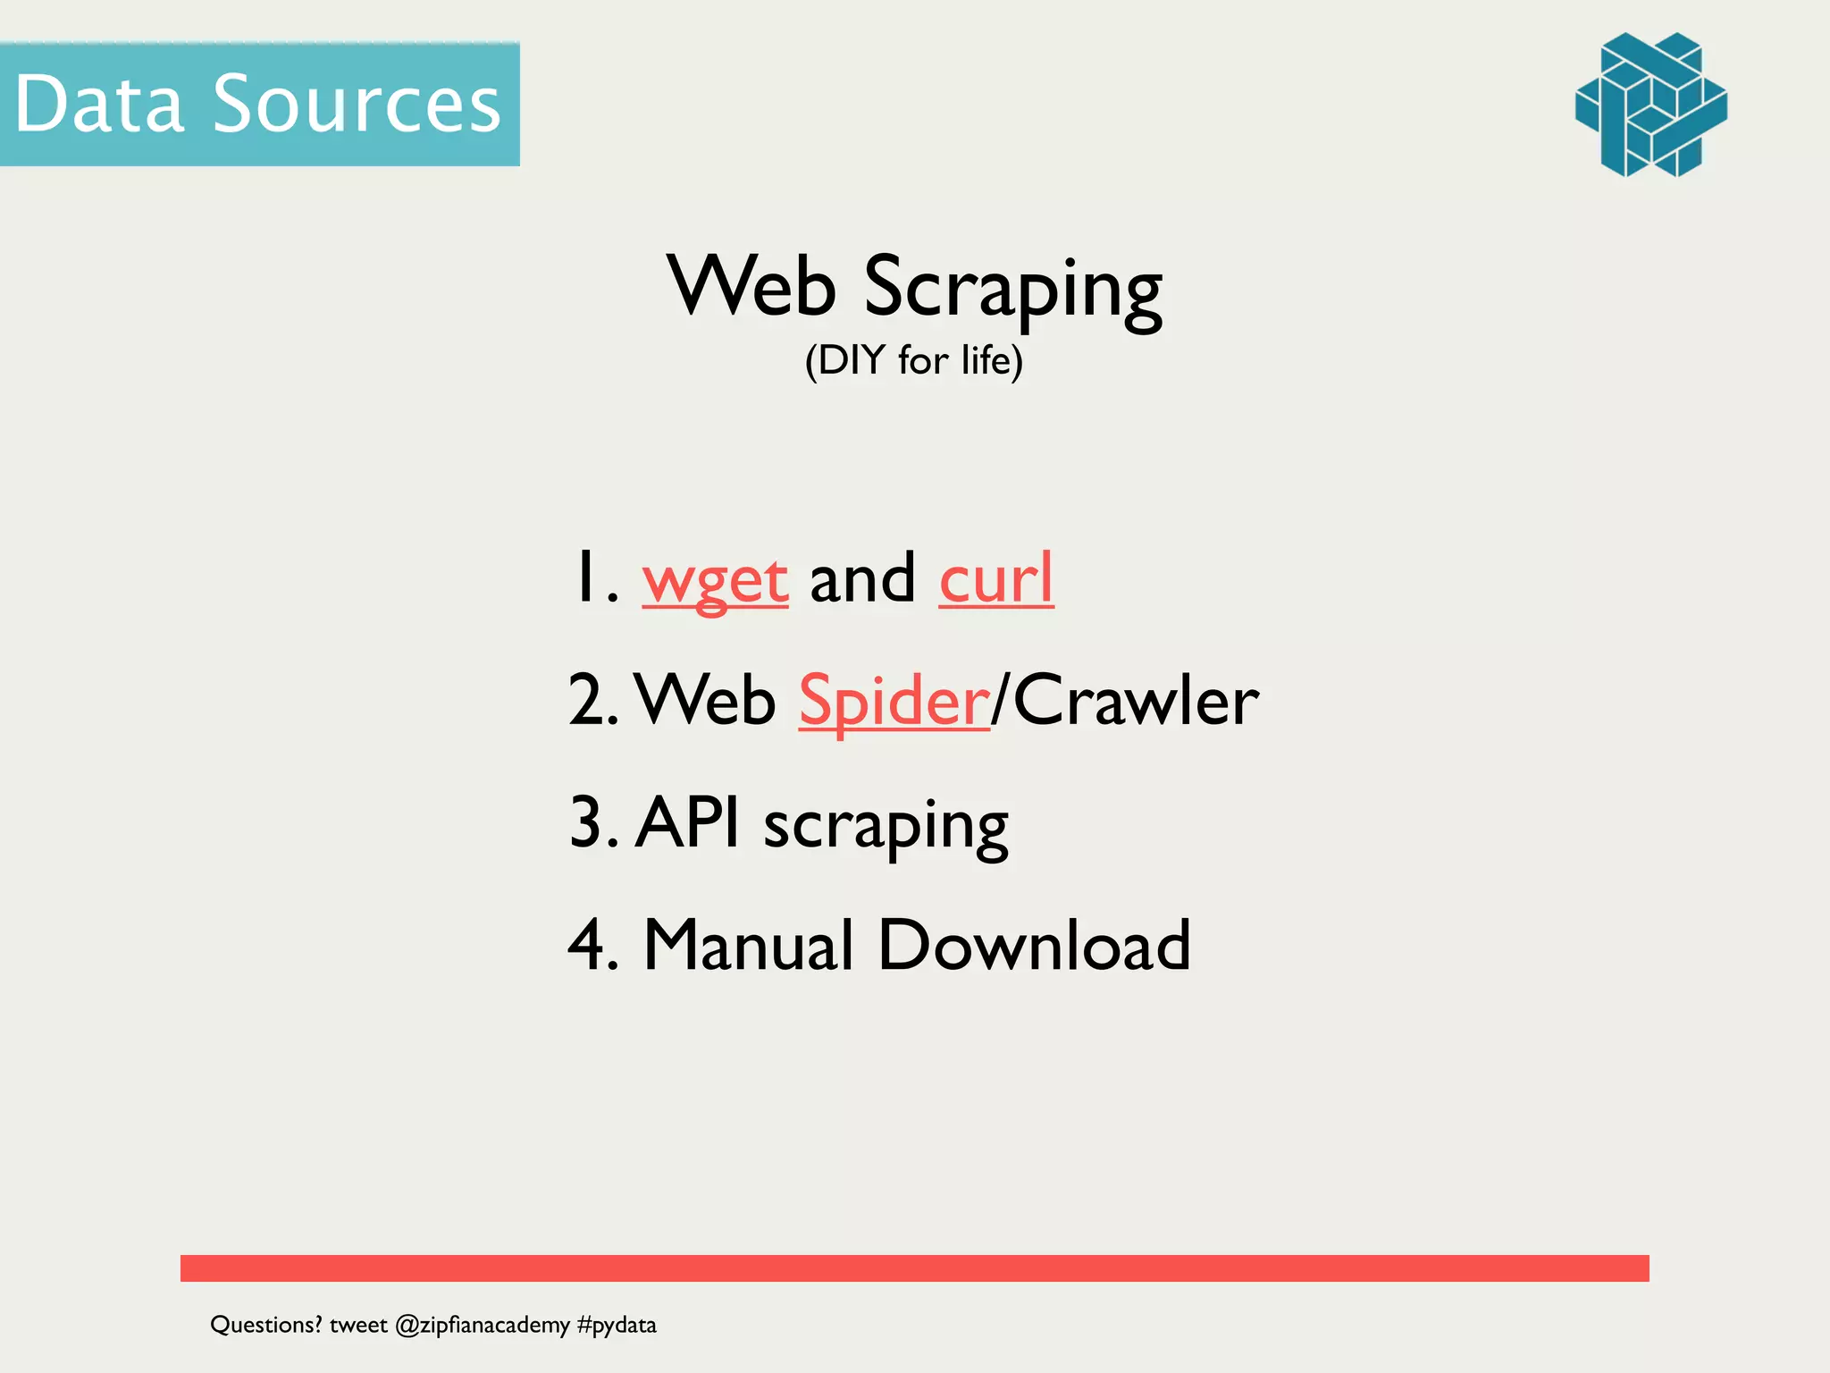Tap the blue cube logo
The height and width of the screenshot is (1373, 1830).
coord(1650,105)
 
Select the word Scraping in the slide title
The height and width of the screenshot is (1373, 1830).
coord(1012,288)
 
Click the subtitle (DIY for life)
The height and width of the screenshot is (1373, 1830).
coord(913,360)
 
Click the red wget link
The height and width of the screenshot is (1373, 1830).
coord(715,580)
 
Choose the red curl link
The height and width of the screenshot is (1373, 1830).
coord(995,578)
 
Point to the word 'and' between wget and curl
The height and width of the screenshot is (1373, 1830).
coord(862,578)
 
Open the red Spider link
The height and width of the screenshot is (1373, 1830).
coord(894,702)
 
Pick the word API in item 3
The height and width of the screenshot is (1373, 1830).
coord(688,822)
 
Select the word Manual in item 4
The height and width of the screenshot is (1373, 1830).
coord(749,945)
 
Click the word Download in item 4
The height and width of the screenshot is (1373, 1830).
coord(1034,945)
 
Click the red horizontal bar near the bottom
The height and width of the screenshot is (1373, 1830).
coord(914,1268)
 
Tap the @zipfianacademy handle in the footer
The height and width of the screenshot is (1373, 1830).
coord(482,1325)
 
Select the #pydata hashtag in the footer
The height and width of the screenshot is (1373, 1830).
coord(617,1325)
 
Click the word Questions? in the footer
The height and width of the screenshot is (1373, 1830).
coord(265,1325)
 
